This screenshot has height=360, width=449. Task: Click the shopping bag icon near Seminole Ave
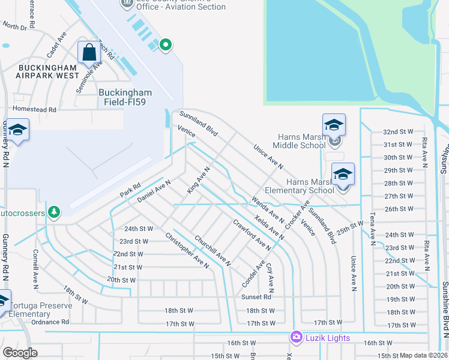coord(89,52)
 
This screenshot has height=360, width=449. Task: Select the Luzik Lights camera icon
coord(295,338)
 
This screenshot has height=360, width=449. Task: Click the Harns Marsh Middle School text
coord(299,141)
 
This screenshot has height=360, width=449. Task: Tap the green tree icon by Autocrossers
coord(55,212)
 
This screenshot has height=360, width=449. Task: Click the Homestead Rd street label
coord(34,110)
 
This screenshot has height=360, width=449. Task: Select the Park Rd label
coord(130,190)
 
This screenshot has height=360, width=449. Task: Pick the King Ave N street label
coord(198,180)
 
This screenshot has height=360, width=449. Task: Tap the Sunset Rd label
coord(256,297)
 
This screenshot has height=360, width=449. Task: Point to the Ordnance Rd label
coord(50,322)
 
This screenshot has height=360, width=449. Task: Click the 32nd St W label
coord(398,131)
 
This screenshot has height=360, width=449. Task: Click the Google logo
coord(20,353)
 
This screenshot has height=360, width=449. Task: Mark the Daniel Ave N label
coord(154,190)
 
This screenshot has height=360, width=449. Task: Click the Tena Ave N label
coord(372,229)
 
